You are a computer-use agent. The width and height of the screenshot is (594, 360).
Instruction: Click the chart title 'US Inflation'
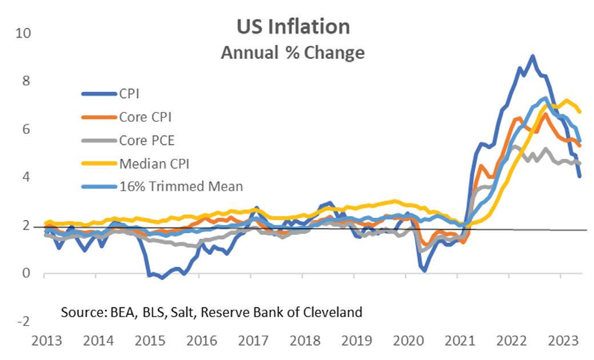pos(293,27)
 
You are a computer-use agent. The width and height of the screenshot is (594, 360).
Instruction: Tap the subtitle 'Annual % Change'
pos(293,53)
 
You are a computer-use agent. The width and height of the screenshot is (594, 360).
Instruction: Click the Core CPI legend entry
pos(145,117)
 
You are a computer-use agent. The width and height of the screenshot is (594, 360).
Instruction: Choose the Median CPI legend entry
pos(154,163)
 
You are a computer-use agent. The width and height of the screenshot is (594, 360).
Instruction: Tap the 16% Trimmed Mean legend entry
pos(181,186)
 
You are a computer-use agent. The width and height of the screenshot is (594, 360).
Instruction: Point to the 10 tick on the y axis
pos(24,33)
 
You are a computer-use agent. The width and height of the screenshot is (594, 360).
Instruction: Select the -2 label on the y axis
pos(25,321)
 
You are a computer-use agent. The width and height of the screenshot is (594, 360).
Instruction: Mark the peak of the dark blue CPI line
pos(532,56)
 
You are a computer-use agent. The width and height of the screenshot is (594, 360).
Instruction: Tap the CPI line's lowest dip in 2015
pos(162,278)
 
